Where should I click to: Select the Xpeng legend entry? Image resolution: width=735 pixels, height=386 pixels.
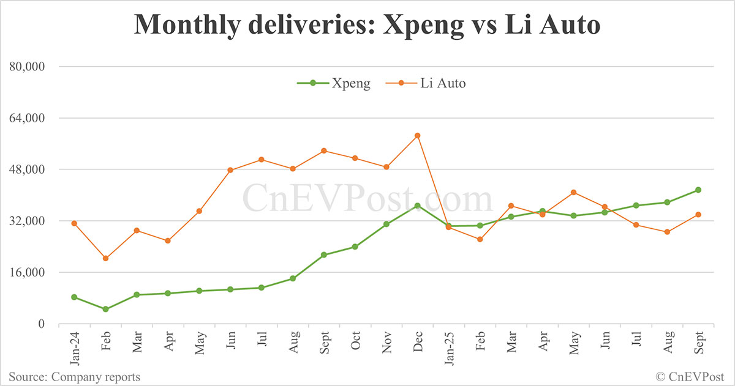click(334, 83)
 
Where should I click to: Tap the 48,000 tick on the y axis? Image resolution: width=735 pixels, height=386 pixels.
click(30, 169)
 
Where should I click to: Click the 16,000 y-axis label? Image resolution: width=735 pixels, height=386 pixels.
click(30, 272)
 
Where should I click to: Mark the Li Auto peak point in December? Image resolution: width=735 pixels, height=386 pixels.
click(418, 135)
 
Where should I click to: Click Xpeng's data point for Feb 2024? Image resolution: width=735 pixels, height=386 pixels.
click(105, 309)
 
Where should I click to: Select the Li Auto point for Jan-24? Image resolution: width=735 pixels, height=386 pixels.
click(74, 223)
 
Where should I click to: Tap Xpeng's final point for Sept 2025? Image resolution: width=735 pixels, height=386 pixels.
click(698, 190)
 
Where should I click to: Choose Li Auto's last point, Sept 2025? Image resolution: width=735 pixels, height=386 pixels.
click(698, 214)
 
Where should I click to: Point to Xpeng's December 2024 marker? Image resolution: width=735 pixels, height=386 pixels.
click(418, 206)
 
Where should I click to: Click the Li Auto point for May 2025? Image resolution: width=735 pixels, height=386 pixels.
click(573, 192)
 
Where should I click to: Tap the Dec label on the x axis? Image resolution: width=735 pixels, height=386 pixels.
click(417, 343)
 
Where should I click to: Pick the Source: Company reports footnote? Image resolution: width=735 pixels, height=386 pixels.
click(74, 377)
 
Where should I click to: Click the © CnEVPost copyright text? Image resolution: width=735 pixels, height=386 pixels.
click(690, 377)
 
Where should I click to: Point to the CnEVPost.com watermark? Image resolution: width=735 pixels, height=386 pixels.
click(367, 199)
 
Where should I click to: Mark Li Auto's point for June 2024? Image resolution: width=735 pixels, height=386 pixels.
click(230, 170)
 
